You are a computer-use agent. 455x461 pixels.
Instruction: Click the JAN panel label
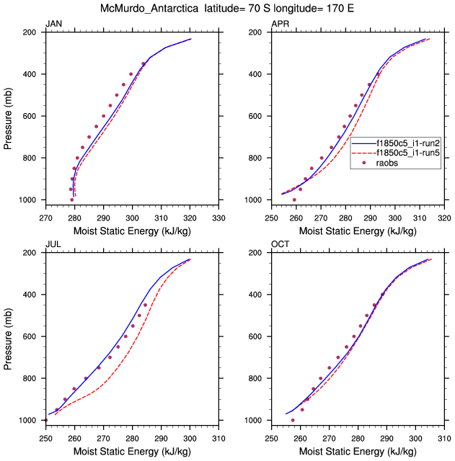coord(53,24)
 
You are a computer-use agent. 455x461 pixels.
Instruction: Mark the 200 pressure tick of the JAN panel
coord(31,33)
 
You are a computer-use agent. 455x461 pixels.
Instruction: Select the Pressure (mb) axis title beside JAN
coord(8,115)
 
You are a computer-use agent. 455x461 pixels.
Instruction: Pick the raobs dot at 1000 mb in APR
coord(294,200)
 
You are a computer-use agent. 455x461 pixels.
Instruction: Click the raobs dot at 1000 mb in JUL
coord(46,420)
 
